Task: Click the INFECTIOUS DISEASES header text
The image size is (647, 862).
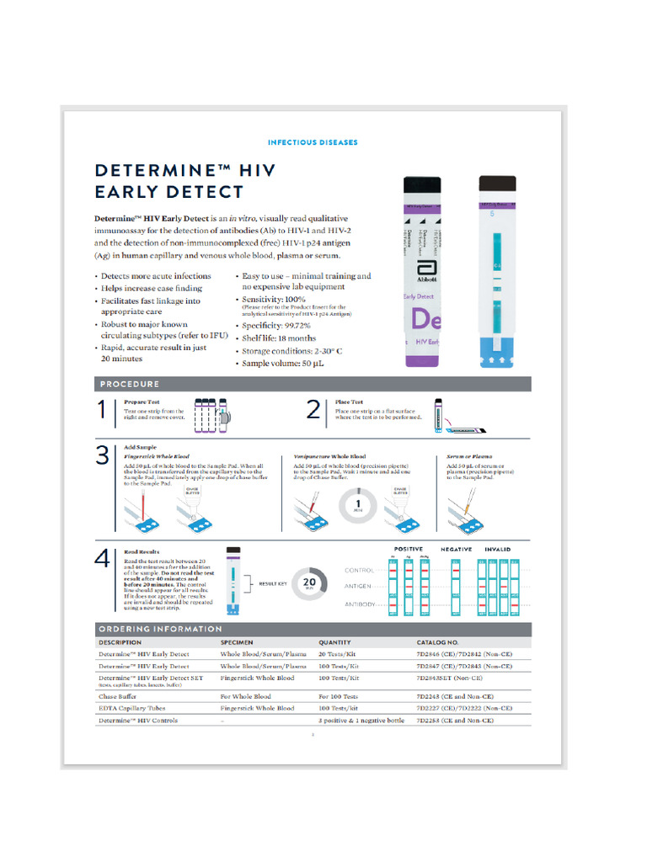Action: (313, 143)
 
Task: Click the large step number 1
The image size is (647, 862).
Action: (103, 411)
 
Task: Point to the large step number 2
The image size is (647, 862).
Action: (313, 411)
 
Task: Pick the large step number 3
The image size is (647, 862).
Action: (103, 456)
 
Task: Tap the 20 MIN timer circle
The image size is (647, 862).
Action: (309, 583)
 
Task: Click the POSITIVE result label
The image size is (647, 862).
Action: (409, 550)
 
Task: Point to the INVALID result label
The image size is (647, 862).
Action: (497, 550)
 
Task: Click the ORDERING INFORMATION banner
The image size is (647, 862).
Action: (161, 629)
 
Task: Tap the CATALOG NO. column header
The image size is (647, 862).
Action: (437, 642)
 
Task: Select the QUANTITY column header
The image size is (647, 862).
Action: (334, 642)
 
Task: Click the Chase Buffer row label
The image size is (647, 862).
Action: (119, 697)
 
